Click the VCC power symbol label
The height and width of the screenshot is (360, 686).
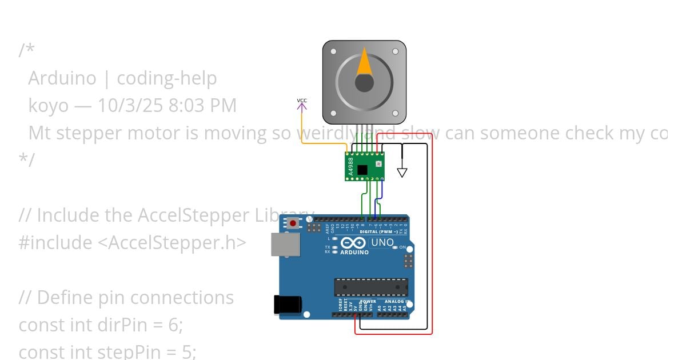(x=302, y=101)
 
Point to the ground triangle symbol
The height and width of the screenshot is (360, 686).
(x=402, y=173)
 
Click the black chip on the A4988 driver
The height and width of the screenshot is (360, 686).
(x=362, y=169)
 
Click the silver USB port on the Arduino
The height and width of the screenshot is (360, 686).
(x=285, y=244)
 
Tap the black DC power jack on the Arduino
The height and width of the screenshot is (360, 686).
(x=287, y=304)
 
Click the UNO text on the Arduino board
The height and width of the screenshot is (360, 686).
(x=382, y=242)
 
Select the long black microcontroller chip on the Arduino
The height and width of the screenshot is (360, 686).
(x=371, y=287)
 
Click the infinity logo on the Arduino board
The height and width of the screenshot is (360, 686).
(x=353, y=243)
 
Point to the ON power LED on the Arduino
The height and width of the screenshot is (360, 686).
(x=402, y=247)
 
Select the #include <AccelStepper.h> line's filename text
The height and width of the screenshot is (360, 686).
(x=172, y=243)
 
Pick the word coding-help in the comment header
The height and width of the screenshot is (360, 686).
(x=166, y=78)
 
